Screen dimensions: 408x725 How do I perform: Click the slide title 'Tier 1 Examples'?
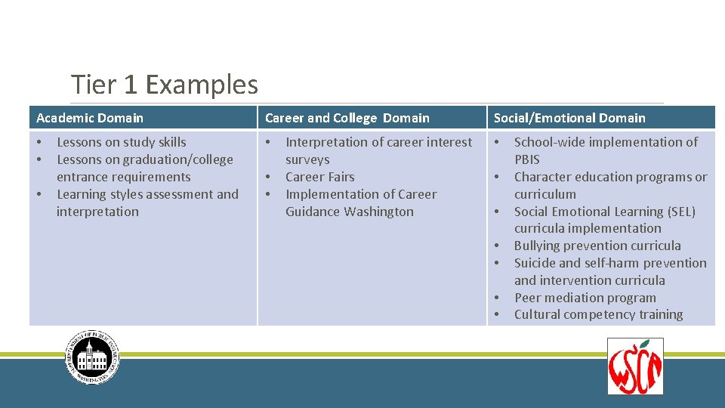(x=164, y=85)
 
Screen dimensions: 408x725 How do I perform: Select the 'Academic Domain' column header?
(x=89, y=118)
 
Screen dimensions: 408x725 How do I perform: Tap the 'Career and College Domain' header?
(x=347, y=118)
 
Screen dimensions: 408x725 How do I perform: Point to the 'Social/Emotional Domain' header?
(x=569, y=118)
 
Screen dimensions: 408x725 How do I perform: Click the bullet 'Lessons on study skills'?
(x=121, y=142)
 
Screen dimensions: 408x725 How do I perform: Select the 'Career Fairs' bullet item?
(x=319, y=177)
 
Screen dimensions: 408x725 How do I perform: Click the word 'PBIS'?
(x=527, y=159)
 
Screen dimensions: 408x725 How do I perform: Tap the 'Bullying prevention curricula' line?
(x=597, y=246)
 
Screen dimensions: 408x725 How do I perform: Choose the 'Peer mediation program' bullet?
(x=585, y=298)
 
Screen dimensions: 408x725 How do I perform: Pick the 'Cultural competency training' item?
(x=598, y=314)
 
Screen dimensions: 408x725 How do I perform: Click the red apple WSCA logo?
(x=635, y=366)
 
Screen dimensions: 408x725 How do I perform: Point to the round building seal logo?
(x=92, y=358)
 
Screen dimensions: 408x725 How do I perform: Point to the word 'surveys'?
(x=307, y=159)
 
